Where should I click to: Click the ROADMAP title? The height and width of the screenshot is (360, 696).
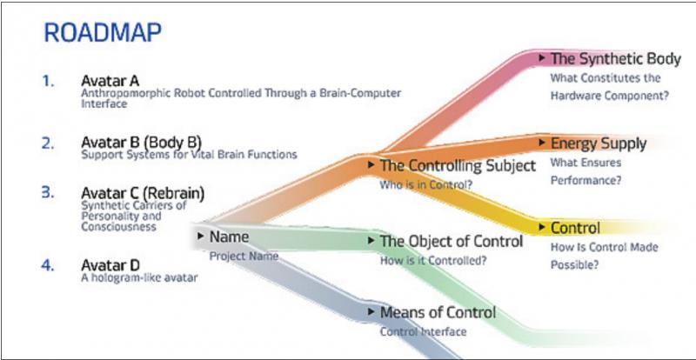pyautogui.click(x=103, y=33)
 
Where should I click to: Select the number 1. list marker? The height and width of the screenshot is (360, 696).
pyautogui.click(x=49, y=81)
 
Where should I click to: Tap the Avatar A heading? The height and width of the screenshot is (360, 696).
pyautogui.click(x=110, y=81)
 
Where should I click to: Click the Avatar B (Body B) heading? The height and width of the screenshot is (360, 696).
pyautogui.click(x=141, y=143)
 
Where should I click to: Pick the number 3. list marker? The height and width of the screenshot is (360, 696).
pyautogui.click(x=48, y=193)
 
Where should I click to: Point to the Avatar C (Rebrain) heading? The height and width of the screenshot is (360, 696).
pyautogui.click(x=143, y=194)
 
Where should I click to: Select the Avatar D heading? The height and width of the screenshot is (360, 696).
pyautogui.click(x=110, y=265)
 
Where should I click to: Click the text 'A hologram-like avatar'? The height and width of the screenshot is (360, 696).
pyautogui.click(x=139, y=278)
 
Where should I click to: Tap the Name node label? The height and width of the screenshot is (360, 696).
pyautogui.click(x=229, y=237)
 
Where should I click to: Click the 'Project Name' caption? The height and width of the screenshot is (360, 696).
pyautogui.click(x=244, y=257)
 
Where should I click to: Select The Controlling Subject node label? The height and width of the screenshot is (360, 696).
pyautogui.click(x=458, y=165)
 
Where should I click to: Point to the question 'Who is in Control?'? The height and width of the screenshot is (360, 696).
pyautogui.click(x=425, y=184)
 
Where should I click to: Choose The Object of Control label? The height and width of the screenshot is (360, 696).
pyautogui.click(x=452, y=241)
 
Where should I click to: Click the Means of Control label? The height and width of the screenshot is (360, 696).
pyautogui.click(x=438, y=312)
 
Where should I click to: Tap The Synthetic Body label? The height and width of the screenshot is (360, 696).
pyautogui.click(x=616, y=58)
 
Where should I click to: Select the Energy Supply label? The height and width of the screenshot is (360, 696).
pyautogui.click(x=599, y=143)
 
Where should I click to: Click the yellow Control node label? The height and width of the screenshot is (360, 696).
pyautogui.click(x=575, y=228)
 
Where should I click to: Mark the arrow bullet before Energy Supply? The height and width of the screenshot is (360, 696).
pyautogui.click(x=542, y=143)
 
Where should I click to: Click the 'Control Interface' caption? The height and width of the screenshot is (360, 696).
pyautogui.click(x=423, y=331)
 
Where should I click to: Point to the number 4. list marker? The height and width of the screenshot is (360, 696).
pyautogui.click(x=48, y=265)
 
